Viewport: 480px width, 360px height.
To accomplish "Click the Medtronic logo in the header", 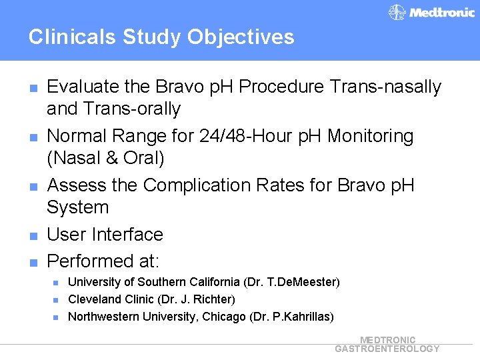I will point(431,12).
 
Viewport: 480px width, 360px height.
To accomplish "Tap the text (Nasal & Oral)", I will point(105,158).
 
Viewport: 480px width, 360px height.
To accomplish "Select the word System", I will point(77,207).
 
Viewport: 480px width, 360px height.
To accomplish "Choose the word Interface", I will point(128,235).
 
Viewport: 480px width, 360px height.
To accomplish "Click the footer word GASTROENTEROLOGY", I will point(387,349).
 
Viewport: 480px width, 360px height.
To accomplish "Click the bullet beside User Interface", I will point(32,235).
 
